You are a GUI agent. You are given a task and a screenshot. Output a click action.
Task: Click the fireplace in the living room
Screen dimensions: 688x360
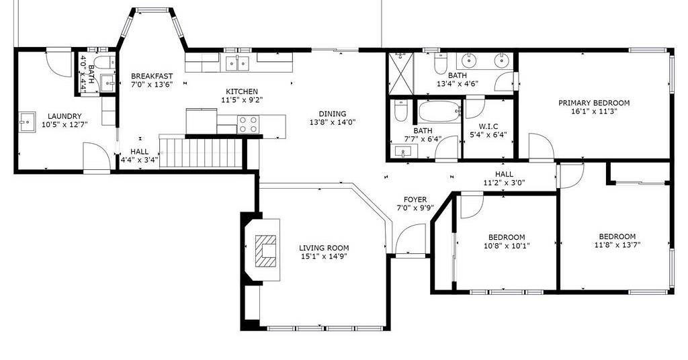[266, 251]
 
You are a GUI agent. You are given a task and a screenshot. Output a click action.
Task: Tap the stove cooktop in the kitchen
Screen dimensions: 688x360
[248, 124]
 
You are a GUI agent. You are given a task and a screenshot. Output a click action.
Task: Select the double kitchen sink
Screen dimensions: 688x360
[237, 63]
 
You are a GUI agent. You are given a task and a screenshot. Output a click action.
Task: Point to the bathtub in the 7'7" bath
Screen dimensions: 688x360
[439, 111]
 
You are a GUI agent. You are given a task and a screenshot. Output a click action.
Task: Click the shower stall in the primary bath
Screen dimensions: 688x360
[401, 73]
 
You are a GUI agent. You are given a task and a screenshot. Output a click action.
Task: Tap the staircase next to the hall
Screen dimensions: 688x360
[201, 152]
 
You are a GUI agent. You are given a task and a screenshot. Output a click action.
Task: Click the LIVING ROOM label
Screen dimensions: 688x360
[324, 249]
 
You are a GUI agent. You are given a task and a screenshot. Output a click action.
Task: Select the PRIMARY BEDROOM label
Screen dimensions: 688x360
[594, 103]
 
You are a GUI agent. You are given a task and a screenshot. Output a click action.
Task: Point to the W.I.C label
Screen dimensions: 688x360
[488, 127]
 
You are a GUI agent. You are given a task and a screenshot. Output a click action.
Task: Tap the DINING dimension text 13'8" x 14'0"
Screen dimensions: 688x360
[332, 122]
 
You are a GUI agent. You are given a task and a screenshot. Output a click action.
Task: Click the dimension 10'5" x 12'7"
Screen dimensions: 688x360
[64, 124]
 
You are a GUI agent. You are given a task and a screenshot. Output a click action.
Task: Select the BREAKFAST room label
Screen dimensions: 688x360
[152, 77]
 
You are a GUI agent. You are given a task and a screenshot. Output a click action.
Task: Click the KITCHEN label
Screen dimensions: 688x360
[242, 91]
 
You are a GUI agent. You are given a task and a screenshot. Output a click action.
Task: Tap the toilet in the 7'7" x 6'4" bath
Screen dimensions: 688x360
[400, 111]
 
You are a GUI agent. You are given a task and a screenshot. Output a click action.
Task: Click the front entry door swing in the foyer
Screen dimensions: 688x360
[410, 239]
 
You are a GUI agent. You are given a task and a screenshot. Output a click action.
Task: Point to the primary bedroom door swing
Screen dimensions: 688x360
[541, 147]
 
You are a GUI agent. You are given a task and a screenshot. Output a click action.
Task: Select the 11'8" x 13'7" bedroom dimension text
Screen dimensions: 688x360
[617, 244]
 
